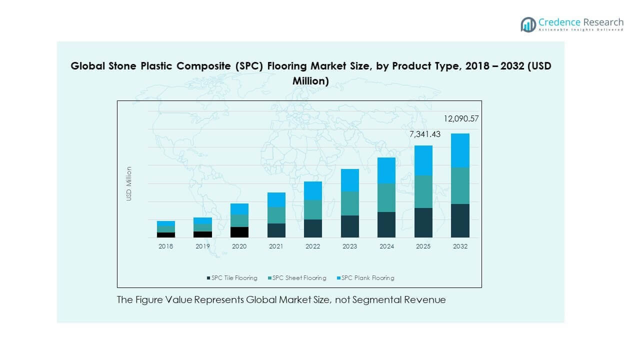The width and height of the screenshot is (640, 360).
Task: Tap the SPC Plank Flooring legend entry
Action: point(367,278)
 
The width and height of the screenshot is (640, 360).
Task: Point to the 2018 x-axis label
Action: point(165,246)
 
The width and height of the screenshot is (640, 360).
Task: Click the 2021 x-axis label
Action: point(276,246)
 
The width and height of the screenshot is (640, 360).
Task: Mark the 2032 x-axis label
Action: point(460,246)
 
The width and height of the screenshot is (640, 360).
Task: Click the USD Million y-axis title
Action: point(129,183)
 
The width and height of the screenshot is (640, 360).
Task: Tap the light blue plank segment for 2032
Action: point(460,150)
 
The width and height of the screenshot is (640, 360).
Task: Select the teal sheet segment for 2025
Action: point(423,191)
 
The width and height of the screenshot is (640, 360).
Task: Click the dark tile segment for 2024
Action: point(386,224)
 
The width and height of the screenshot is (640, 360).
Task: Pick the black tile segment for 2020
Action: point(239,232)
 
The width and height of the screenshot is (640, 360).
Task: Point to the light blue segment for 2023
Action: point(349,180)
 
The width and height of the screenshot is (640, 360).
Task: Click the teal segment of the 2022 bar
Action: point(312,209)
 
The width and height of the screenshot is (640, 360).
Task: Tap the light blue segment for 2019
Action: point(202,220)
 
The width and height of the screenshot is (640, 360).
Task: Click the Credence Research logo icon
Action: point(528,24)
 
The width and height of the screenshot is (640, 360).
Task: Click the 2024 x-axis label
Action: point(386,246)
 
